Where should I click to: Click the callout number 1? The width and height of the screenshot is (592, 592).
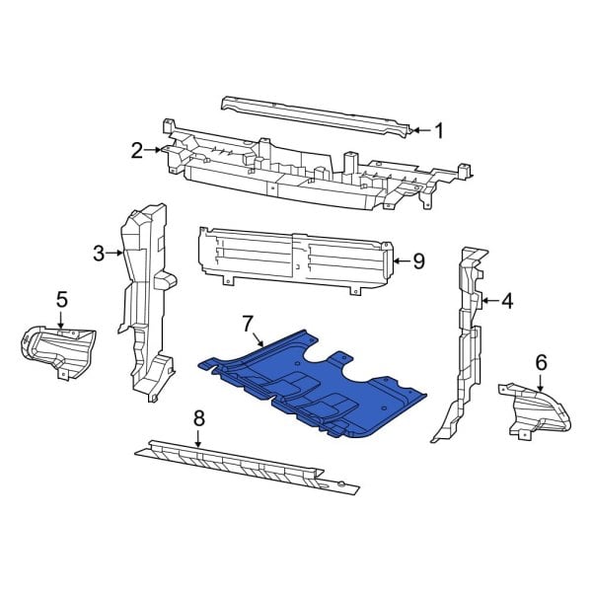click(439, 129)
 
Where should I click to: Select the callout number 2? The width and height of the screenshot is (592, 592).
click(137, 150)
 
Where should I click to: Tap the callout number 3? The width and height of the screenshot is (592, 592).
click(99, 254)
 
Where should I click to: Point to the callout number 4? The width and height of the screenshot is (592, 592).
click(507, 301)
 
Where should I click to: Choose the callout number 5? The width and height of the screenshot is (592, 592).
click(61, 298)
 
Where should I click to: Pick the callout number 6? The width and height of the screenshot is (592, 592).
click(541, 362)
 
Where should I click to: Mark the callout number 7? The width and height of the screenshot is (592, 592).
click(248, 323)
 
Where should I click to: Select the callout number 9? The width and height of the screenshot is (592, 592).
click(418, 261)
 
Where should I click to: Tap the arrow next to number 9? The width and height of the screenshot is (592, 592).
click(402, 261)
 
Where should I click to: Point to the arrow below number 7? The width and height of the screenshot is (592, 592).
click(259, 340)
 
